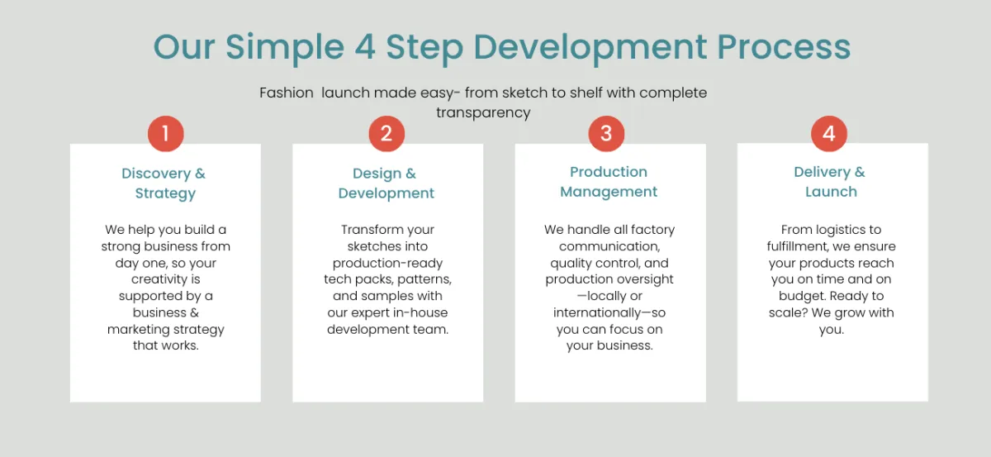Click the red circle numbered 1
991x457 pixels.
click(165, 133)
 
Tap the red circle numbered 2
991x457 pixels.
click(386, 133)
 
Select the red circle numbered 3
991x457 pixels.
click(606, 133)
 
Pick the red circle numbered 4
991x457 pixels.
click(828, 133)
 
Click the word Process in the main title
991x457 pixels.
click(784, 47)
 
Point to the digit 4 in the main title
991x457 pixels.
click(365, 47)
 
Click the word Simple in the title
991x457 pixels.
click(285, 49)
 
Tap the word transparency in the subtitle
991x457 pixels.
click(483, 112)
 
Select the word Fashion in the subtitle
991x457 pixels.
click(287, 93)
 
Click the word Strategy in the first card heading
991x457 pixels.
click(165, 193)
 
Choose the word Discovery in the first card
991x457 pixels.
click(156, 174)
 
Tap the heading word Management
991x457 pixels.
click(609, 193)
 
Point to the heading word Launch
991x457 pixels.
click(831, 192)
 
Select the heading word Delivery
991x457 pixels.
click(822, 172)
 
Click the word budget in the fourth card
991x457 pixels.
click(802, 296)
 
